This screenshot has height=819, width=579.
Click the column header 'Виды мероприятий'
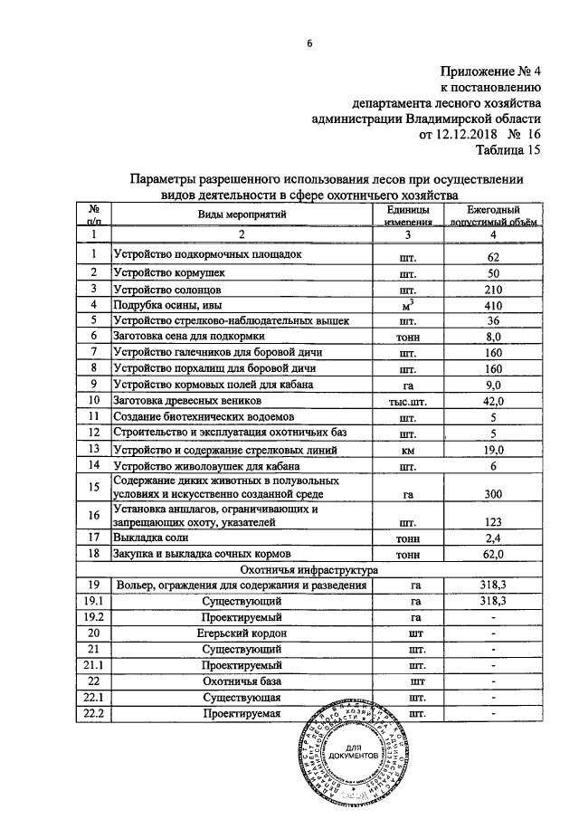coord(242,214)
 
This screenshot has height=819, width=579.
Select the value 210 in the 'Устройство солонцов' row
coord(493,290)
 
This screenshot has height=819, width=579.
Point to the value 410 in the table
coord(493,306)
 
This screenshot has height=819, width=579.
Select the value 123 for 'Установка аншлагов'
coord(493,521)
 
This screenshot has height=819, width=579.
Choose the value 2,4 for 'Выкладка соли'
coord(493,538)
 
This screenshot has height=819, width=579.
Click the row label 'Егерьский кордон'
coord(242,633)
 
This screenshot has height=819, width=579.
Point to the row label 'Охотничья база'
coord(242,681)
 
